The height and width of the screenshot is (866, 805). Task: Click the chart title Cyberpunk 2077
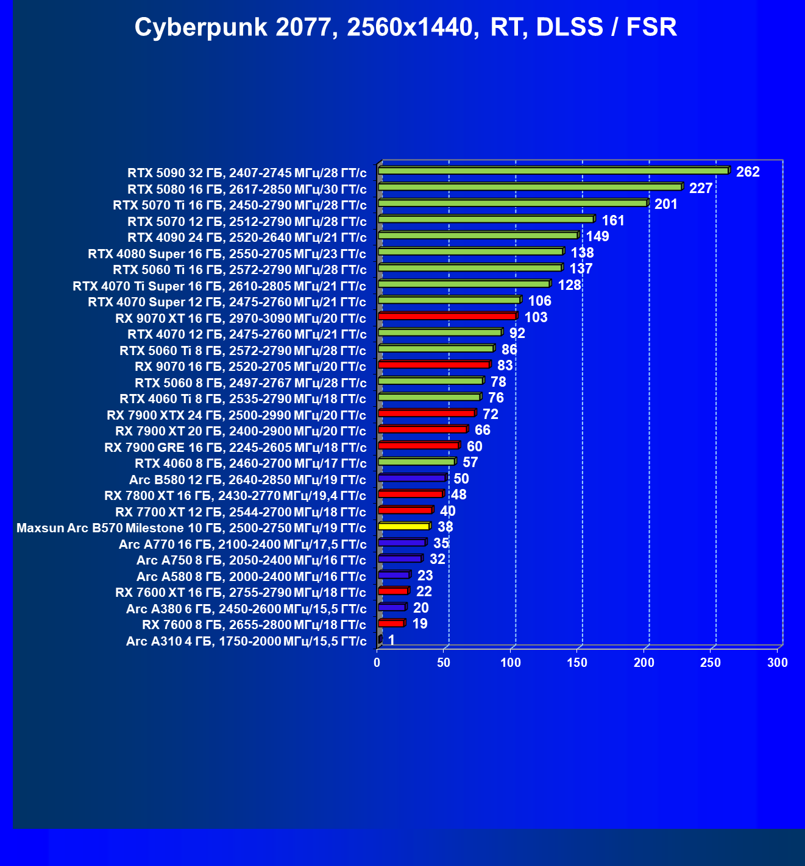click(405, 27)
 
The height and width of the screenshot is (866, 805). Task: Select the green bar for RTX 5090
click(553, 171)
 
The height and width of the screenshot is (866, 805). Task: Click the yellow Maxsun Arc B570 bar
click(403, 526)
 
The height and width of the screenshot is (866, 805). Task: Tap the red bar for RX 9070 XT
click(447, 316)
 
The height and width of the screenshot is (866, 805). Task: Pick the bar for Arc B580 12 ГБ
click(412, 478)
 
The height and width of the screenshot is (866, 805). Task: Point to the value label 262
click(748, 172)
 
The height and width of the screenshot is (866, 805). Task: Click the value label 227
click(701, 188)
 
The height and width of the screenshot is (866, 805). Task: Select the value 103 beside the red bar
click(536, 317)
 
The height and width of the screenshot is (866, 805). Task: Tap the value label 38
click(445, 527)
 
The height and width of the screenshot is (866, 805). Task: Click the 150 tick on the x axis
click(578, 663)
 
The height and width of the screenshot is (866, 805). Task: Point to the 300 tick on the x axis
click(778, 663)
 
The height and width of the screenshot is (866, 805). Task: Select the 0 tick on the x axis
click(378, 663)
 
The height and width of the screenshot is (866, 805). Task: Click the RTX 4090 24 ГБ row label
click(247, 238)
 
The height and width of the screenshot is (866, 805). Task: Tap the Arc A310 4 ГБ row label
click(246, 641)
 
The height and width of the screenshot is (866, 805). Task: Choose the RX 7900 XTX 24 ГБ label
click(236, 415)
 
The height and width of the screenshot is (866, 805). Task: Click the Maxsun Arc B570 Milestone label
click(191, 528)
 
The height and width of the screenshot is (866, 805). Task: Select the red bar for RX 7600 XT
click(393, 591)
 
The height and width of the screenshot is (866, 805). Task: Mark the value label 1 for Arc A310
click(391, 640)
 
